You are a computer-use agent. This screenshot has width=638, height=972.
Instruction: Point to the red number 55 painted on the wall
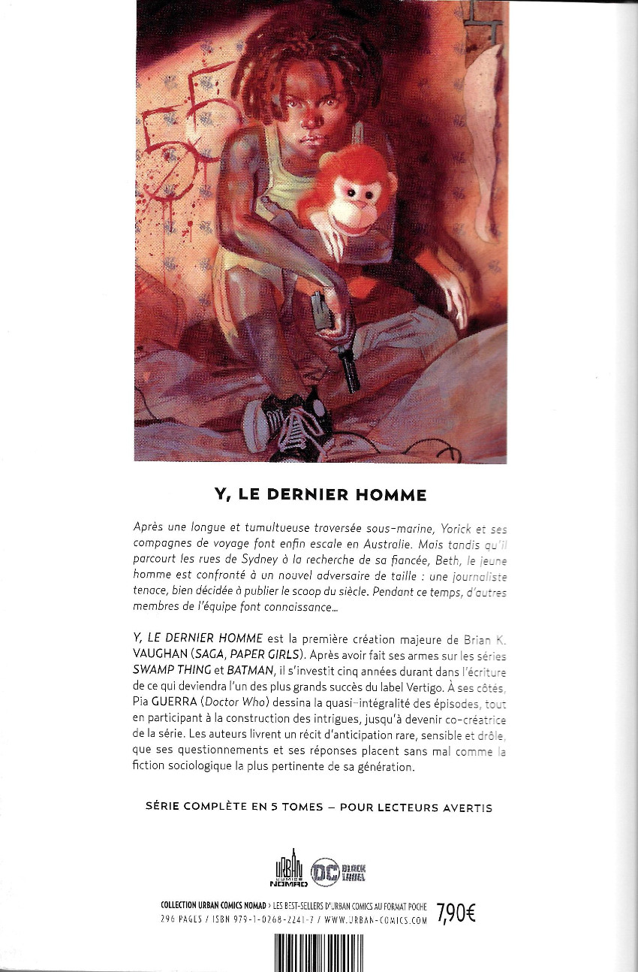180,120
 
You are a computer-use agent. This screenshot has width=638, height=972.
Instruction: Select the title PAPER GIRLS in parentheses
298,654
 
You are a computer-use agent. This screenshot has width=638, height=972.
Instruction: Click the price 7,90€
456,913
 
